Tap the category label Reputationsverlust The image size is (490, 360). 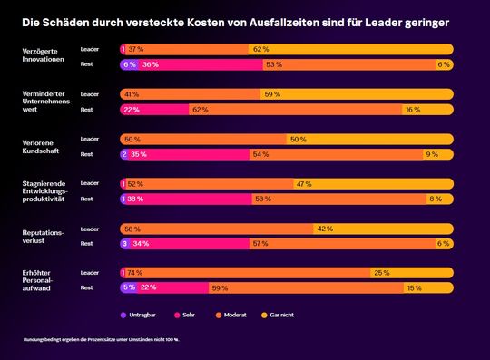tap(43, 238)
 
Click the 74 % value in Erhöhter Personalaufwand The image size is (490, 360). tap(134, 272)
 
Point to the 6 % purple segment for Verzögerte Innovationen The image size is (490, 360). tap(129, 64)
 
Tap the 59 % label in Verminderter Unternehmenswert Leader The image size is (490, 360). tap(271, 93)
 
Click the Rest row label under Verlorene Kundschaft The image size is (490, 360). tap(87, 154)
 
